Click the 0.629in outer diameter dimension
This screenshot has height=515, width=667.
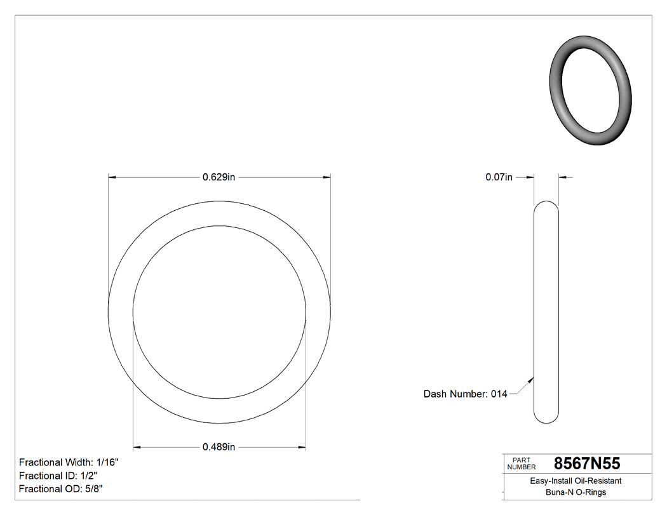click(x=219, y=177)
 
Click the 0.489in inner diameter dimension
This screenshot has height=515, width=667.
click(x=219, y=447)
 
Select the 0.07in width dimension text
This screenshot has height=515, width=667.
click(x=499, y=177)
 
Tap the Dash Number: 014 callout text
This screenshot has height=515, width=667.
click(x=465, y=394)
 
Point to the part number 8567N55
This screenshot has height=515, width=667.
click(x=587, y=463)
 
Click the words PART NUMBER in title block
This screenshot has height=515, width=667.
click(x=521, y=464)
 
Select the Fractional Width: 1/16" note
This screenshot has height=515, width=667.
click(x=69, y=462)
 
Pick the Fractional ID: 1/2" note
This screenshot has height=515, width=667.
click(x=58, y=476)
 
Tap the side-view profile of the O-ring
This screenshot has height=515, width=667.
click(x=546, y=311)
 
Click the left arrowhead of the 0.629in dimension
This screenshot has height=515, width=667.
click(x=112, y=177)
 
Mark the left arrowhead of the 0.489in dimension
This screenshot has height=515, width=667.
click(x=137, y=447)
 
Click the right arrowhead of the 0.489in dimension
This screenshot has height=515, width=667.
click(x=302, y=447)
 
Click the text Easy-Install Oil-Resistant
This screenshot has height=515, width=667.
click(x=576, y=481)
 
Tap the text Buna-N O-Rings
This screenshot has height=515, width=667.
click(x=576, y=493)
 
